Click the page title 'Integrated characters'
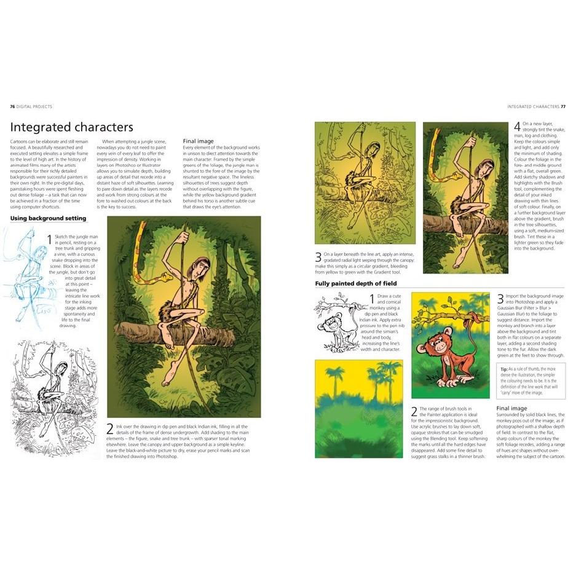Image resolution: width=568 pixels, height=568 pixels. (x=72, y=127)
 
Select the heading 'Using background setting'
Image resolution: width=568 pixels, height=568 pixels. (x=48, y=218)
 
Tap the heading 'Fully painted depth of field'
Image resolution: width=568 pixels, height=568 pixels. (x=355, y=283)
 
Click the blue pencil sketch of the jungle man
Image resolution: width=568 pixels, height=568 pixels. (x=34, y=277)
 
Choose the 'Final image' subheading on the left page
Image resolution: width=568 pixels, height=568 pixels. (x=199, y=141)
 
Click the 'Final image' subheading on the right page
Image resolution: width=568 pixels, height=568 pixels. (x=511, y=408)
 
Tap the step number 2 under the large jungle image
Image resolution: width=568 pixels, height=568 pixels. (x=110, y=429)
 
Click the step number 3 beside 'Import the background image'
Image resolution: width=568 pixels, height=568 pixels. (x=500, y=300)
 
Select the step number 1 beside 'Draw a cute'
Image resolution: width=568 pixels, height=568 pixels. (x=371, y=299)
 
